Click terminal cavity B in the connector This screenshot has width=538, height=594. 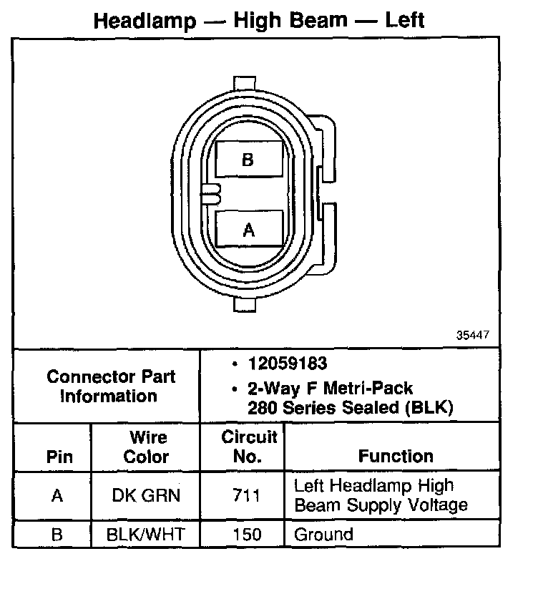coord(248,160)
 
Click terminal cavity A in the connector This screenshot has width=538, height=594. coord(248,229)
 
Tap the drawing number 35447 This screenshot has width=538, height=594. coord(474,335)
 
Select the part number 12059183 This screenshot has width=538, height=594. coord(288,364)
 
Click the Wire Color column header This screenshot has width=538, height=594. coord(147,447)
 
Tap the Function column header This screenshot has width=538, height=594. coord(396,457)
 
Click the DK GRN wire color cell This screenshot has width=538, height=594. coord(147,495)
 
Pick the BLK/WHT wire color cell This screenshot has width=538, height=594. coord(147,535)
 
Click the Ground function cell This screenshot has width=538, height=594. coord(324,535)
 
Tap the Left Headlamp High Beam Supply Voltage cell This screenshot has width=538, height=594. coord(381,495)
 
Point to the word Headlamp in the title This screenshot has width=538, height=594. coord(145,20)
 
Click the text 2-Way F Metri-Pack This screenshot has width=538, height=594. coord(331,389)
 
